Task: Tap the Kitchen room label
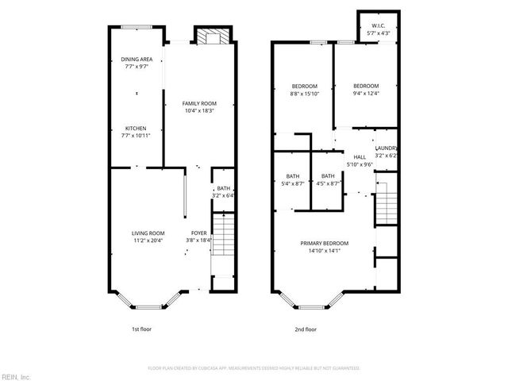tap(137, 133)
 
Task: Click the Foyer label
tap(198, 237)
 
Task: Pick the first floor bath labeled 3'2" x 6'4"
tap(223, 191)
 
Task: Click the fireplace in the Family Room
tap(211, 37)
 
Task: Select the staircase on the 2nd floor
tap(385, 207)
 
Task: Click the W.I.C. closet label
tap(378, 29)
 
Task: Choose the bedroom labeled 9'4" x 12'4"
tap(365, 90)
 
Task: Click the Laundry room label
tap(386, 152)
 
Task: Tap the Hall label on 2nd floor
tap(360, 160)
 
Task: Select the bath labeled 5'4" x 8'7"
tap(292, 179)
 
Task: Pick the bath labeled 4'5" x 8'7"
tap(328, 179)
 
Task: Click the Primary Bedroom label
tap(324, 247)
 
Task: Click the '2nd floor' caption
tap(306, 329)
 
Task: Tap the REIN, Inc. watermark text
tap(16, 375)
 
